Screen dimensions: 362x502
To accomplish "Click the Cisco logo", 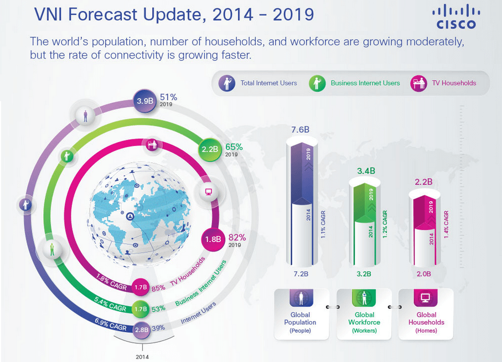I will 456,17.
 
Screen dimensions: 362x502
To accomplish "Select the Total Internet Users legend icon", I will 227,83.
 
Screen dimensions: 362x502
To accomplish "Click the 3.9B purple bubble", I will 146,101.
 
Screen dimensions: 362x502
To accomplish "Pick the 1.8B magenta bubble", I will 213,239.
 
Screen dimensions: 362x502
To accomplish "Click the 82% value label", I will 236,238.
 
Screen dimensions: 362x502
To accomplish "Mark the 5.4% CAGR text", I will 111,305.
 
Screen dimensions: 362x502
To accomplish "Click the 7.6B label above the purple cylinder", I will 300,130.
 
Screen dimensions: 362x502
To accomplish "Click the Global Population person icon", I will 300,298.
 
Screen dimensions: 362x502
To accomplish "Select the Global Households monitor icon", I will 426,298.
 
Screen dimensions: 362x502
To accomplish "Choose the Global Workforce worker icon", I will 364,298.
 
